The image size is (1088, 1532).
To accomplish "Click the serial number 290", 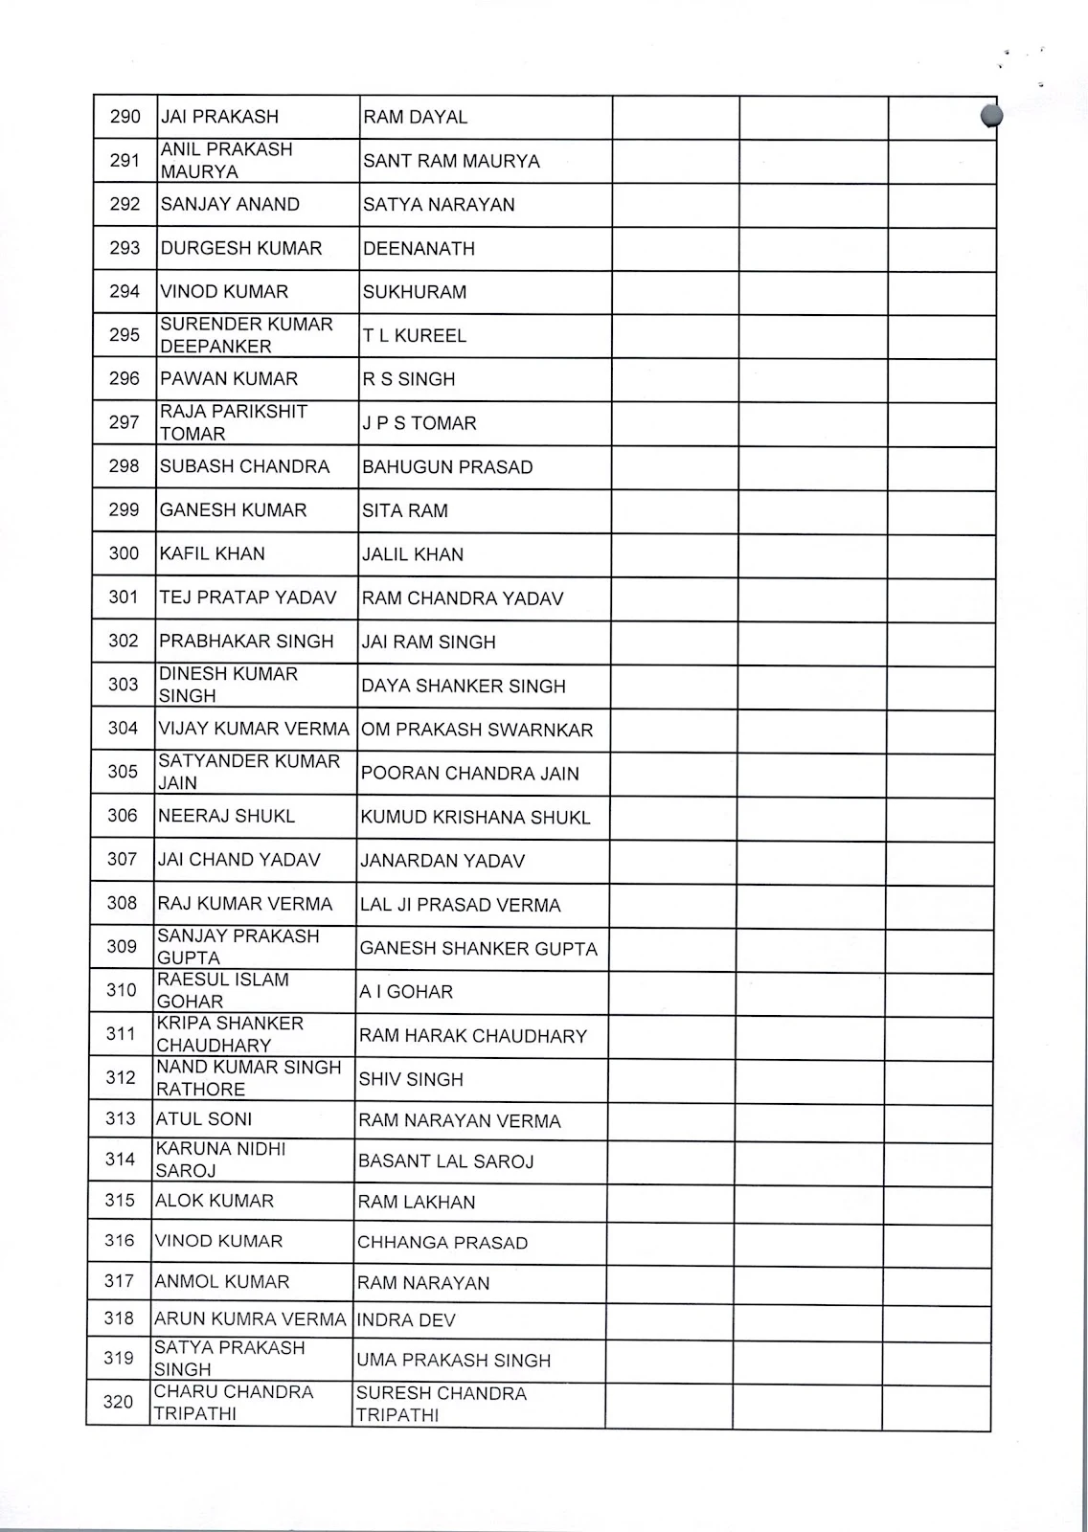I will pos(125,117).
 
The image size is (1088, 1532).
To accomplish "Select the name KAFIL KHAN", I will pos(213,553).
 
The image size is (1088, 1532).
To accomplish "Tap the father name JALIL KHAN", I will pos(413,554).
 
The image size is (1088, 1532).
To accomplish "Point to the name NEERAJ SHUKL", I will pos(227,816).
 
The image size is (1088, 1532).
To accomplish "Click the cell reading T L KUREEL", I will pos(415,336).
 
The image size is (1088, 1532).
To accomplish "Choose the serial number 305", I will pos(123,772).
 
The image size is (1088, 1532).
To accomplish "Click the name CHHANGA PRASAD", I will pos(442,1243).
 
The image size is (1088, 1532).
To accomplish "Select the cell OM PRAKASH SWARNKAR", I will pos(477,730).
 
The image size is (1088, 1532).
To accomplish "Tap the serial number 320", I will pos(119,1403).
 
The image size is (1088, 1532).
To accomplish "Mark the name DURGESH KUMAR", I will pos(241,248).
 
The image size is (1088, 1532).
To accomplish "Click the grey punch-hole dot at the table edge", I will pos(991,116).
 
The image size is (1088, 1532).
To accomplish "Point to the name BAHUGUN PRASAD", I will pos(447,467).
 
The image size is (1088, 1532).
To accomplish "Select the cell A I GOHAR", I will pos(406,992).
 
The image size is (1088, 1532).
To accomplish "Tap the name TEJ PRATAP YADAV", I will pos(248,597).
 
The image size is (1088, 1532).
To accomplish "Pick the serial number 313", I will pos(121,1118).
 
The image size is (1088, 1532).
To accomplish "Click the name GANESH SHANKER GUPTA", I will pos(479,949).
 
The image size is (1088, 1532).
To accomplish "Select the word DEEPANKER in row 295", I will pos(215,347).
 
